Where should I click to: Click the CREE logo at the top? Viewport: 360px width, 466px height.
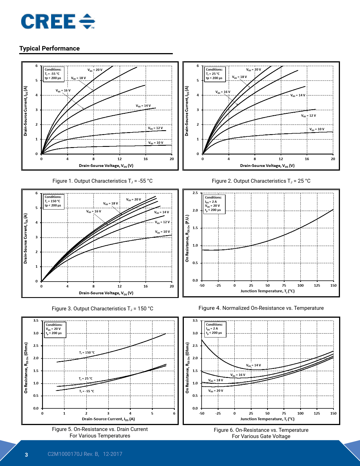[58, 21]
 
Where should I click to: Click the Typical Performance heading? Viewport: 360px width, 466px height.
[49, 48]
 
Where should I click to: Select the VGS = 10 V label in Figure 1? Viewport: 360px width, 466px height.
[156, 143]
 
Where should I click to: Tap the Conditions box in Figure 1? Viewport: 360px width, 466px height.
[53, 74]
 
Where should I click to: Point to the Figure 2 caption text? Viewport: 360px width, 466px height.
[261, 181]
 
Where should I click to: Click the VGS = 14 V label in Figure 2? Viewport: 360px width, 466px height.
[298, 95]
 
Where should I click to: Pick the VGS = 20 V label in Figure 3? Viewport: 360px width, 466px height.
[134, 199]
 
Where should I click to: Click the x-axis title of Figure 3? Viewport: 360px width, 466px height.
[106, 293]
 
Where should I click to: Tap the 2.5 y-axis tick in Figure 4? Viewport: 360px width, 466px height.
[195, 193]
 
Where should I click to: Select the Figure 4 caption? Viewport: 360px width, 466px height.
[261, 308]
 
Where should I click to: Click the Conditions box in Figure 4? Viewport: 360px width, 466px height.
[214, 204]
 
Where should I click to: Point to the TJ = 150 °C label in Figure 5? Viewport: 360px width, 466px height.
[87, 352]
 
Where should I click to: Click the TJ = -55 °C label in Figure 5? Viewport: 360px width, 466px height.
[87, 391]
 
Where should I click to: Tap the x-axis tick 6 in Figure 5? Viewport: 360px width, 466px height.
[174, 413]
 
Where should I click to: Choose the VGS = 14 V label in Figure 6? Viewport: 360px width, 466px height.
[253, 365]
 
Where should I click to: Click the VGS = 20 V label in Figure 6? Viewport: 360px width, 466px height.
[216, 391]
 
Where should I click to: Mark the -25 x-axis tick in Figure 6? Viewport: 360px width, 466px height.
[218, 413]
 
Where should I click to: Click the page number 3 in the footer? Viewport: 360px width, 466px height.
[27, 454]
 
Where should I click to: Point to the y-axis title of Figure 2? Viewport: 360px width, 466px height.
[187, 111]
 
